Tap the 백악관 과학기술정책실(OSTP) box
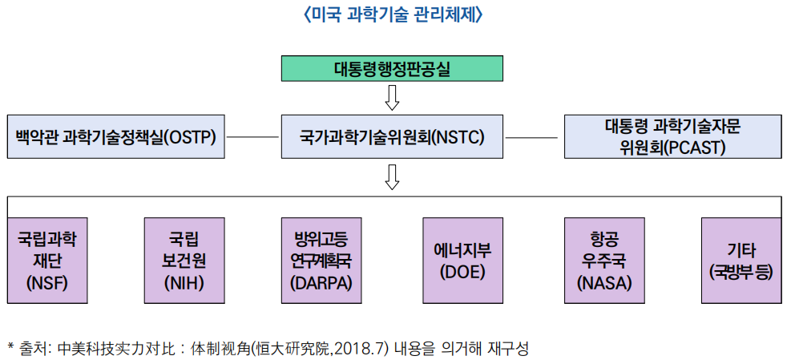tap(116, 137)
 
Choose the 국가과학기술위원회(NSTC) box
tap(392, 137)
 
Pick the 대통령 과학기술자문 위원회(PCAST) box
tap(673, 137)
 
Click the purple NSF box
tap(47, 261)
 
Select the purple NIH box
tap(184, 261)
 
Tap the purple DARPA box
tap(321, 261)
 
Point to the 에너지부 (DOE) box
tap(462, 261)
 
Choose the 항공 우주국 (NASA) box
tap(604, 261)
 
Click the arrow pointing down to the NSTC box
tap(392, 97)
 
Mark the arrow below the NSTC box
tap(392, 177)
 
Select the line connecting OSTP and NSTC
tap(252, 137)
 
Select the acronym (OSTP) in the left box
tap(190, 137)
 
